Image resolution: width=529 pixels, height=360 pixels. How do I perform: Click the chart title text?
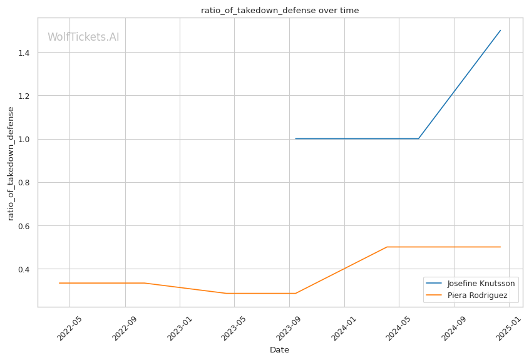(280, 11)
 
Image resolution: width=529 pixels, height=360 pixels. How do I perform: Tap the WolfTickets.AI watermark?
(83, 37)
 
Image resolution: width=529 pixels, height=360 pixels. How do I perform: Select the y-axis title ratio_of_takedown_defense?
(11, 163)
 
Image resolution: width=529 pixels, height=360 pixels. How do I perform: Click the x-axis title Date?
(279, 349)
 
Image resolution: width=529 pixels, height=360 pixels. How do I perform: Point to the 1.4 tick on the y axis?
(26, 53)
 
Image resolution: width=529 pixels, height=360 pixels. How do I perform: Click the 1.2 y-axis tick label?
(26, 96)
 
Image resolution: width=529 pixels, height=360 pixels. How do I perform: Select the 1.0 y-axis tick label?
(26, 139)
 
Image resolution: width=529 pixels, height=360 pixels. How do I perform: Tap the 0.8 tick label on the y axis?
(26, 183)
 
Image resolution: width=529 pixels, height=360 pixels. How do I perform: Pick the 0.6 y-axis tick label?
(26, 226)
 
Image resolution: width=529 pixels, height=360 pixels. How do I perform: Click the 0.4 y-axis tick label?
(26, 269)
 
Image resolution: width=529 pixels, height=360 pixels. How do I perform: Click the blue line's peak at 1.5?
(500, 31)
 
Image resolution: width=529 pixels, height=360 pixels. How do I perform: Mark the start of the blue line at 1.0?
(295, 139)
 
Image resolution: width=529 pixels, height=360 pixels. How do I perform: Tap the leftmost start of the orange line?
(59, 283)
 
